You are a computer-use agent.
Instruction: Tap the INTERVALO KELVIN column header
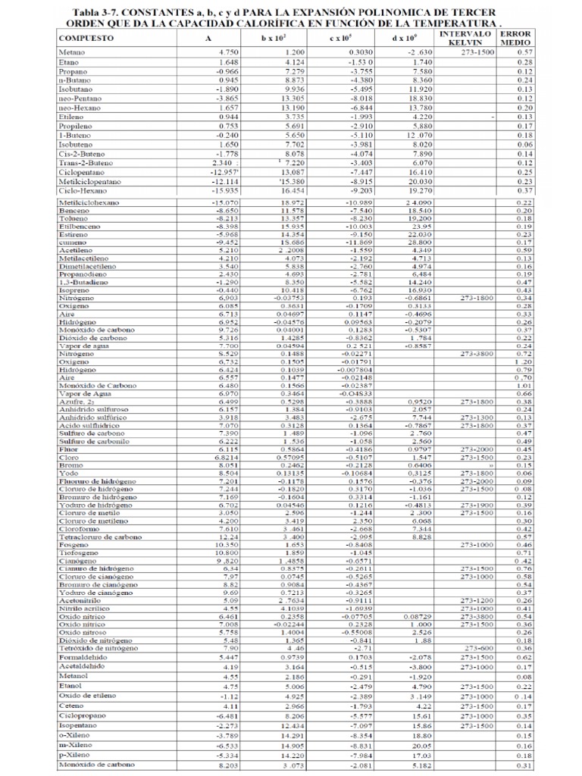pyautogui.click(x=465, y=38)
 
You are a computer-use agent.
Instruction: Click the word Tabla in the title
pyautogui.click(x=89, y=13)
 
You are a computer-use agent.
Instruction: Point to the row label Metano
pyautogui.click(x=72, y=52)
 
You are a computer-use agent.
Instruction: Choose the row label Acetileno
pyautogui.click(x=76, y=250)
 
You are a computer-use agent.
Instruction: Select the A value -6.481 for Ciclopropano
pyautogui.click(x=206, y=715)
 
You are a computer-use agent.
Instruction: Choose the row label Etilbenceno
pyautogui.click(x=80, y=226)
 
